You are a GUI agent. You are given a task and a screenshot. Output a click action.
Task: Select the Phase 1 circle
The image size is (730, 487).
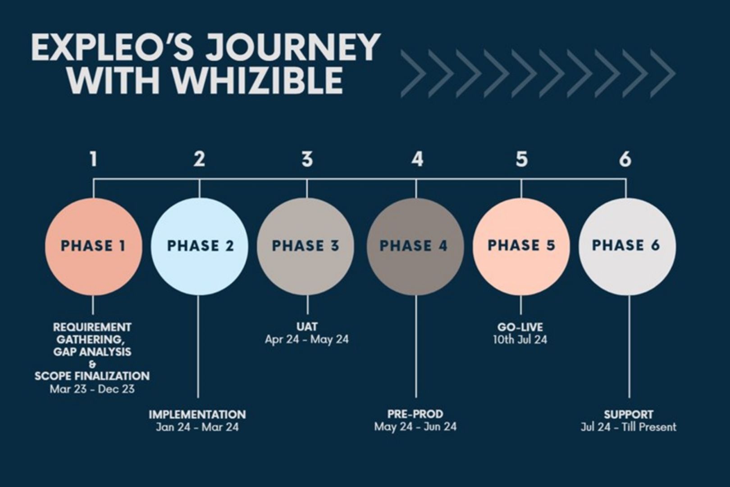[94, 246]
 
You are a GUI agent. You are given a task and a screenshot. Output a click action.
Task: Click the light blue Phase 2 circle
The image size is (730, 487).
[200, 246]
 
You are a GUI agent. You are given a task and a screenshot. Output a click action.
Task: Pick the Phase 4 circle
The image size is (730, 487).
[415, 246]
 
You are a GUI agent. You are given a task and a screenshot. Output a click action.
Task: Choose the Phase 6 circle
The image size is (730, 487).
[627, 246]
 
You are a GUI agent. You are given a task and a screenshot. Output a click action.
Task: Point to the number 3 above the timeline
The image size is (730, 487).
[307, 159]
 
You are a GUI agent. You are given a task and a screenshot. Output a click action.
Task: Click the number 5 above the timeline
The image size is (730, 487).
[521, 159]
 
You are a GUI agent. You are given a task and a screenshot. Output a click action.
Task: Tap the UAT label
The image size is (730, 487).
[307, 326]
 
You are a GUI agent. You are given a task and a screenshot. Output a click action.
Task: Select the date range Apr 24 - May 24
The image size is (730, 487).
[307, 340]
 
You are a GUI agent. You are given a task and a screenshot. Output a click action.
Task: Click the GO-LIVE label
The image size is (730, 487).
[520, 327]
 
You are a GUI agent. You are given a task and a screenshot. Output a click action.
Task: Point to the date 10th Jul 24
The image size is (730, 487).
[520, 340]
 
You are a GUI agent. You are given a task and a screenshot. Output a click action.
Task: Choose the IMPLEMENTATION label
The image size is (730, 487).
[197, 414]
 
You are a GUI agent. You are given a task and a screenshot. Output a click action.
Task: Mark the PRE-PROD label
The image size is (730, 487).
[415, 414]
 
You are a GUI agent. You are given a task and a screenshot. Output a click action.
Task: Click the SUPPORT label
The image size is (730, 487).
[629, 414]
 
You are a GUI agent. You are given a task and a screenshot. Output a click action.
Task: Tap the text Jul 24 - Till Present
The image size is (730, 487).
[629, 427]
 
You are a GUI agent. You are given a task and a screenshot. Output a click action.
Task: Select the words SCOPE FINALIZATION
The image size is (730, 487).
[92, 376]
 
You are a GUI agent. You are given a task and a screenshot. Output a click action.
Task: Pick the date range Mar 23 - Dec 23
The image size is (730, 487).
[92, 389]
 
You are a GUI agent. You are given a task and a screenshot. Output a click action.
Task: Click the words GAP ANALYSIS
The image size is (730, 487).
[92, 352]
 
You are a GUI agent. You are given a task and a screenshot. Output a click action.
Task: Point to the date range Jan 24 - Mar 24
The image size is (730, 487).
[197, 427]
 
